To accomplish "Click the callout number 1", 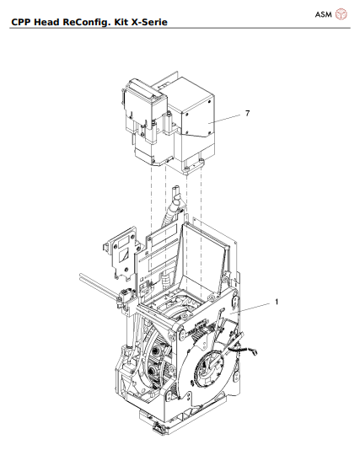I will click(x=276, y=301).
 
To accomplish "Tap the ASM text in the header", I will click(x=323, y=14).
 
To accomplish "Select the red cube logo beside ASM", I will click(x=341, y=14).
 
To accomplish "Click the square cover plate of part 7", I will click(x=195, y=117).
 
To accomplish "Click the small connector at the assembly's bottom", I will click(x=157, y=432).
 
